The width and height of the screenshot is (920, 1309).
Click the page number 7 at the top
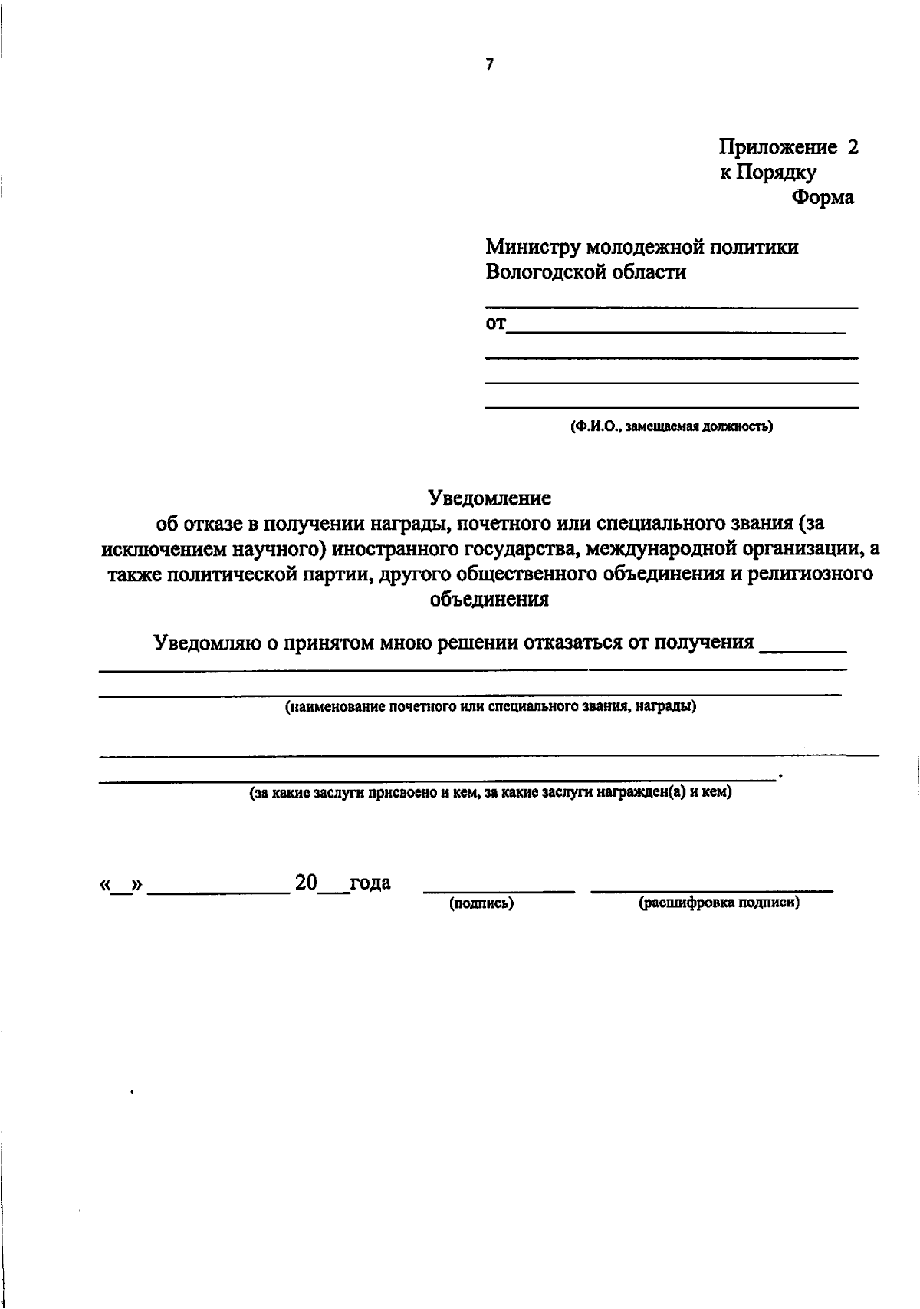tap(489, 65)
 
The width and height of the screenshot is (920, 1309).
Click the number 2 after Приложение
tap(853, 146)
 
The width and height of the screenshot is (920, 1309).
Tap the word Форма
tap(823, 197)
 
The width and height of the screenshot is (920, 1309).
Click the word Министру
tap(532, 247)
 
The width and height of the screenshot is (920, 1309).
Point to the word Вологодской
tap(547, 271)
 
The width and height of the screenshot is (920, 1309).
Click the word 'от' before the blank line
tap(496, 324)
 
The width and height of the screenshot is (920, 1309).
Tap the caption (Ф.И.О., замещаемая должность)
tap(671, 426)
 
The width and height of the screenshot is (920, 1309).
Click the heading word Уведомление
tap(490, 498)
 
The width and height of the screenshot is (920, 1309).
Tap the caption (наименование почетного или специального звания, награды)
tap(490, 706)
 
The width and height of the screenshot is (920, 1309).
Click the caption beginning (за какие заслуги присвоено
tap(490, 793)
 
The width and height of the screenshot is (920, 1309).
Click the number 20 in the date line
tap(306, 883)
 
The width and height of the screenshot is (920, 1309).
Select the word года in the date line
tap(370, 883)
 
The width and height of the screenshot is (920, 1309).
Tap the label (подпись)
tap(481, 904)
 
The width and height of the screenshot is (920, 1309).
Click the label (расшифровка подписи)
tap(718, 903)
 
